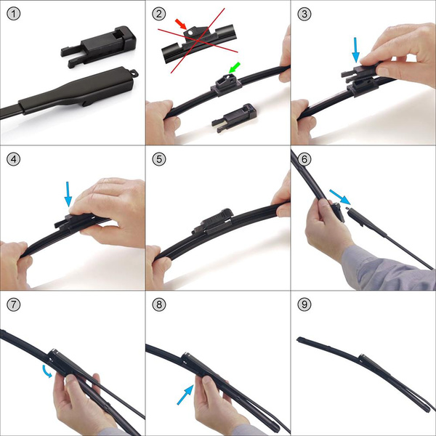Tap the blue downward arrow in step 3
(x=355, y=50)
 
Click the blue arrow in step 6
(x=338, y=196)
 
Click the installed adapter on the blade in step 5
(x=211, y=220)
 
